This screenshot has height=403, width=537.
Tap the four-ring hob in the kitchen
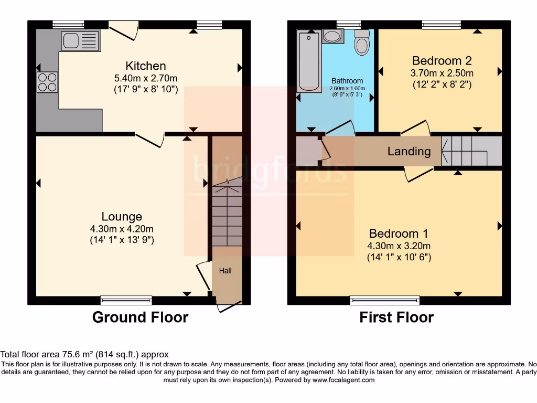click(47, 82)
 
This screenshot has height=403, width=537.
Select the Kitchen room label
click(146, 66)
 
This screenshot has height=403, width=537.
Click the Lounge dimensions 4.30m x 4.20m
click(122, 229)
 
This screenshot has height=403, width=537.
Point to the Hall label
click(225, 271)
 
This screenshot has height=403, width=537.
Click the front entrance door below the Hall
click(229, 306)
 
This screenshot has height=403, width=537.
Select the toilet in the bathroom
click(361, 43)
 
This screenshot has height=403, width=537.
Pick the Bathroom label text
click(347, 81)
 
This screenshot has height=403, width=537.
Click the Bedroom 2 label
click(442, 60)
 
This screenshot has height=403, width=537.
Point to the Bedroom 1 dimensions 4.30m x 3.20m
click(399, 246)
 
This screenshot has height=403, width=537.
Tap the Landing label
click(409, 152)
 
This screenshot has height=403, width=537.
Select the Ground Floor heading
click(140, 317)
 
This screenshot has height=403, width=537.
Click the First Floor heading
click(396, 317)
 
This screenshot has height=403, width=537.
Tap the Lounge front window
click(126, 300)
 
